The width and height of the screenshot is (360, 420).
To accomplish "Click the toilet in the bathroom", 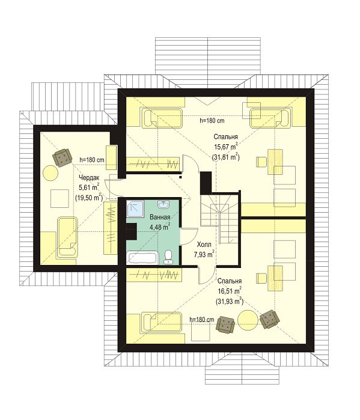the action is click(x=168, y=257).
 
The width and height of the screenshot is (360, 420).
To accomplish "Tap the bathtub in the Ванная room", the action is click(x=142, y=258).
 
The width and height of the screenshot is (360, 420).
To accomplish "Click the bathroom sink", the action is click(x=163, y=205).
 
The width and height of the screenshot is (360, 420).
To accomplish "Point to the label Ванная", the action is click(x=160, y=217).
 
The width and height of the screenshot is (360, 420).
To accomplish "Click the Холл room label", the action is click(x=204, y=245).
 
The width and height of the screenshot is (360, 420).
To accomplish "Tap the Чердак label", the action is click(x=89, y=177).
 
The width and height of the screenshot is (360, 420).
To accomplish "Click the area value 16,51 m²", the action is click(x=230, y=291).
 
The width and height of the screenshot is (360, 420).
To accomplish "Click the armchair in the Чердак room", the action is click(x=62, y=158).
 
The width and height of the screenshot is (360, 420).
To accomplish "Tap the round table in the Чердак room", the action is click(x=50, y=173).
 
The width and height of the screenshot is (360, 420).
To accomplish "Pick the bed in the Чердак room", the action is click(x=67, y=237).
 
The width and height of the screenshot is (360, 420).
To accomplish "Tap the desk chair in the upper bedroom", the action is click(x=261, y=162).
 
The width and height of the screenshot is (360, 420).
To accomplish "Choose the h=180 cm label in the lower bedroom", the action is click(x=202, y=319).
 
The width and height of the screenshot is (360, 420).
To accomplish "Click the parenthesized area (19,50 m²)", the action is click(x=89, y=198).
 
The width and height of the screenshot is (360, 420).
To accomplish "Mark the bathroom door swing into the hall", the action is click(x=190, y=236).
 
